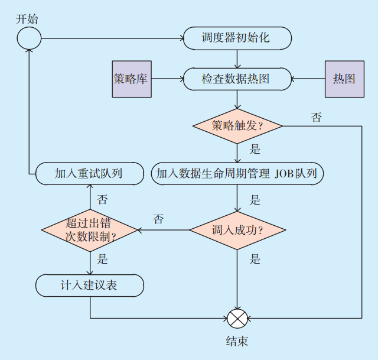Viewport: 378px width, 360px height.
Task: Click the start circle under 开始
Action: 29,38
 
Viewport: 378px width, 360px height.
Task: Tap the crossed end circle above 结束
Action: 237,318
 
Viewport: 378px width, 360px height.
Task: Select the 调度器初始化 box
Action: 237,38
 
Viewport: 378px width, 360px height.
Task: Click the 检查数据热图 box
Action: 237,79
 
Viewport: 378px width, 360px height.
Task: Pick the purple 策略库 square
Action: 131,79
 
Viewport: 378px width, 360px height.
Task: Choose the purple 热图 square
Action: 344,79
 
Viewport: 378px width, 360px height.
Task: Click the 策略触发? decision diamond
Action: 237,126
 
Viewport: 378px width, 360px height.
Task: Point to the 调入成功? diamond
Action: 237,230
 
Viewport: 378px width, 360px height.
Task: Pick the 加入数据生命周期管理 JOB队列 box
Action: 237,173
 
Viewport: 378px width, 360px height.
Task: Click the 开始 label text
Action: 27,19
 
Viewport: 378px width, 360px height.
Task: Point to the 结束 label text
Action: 237,342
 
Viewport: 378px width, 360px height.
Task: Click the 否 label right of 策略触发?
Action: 317,118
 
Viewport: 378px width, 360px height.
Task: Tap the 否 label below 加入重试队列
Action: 102,199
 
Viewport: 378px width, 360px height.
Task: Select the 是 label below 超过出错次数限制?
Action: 102,259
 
